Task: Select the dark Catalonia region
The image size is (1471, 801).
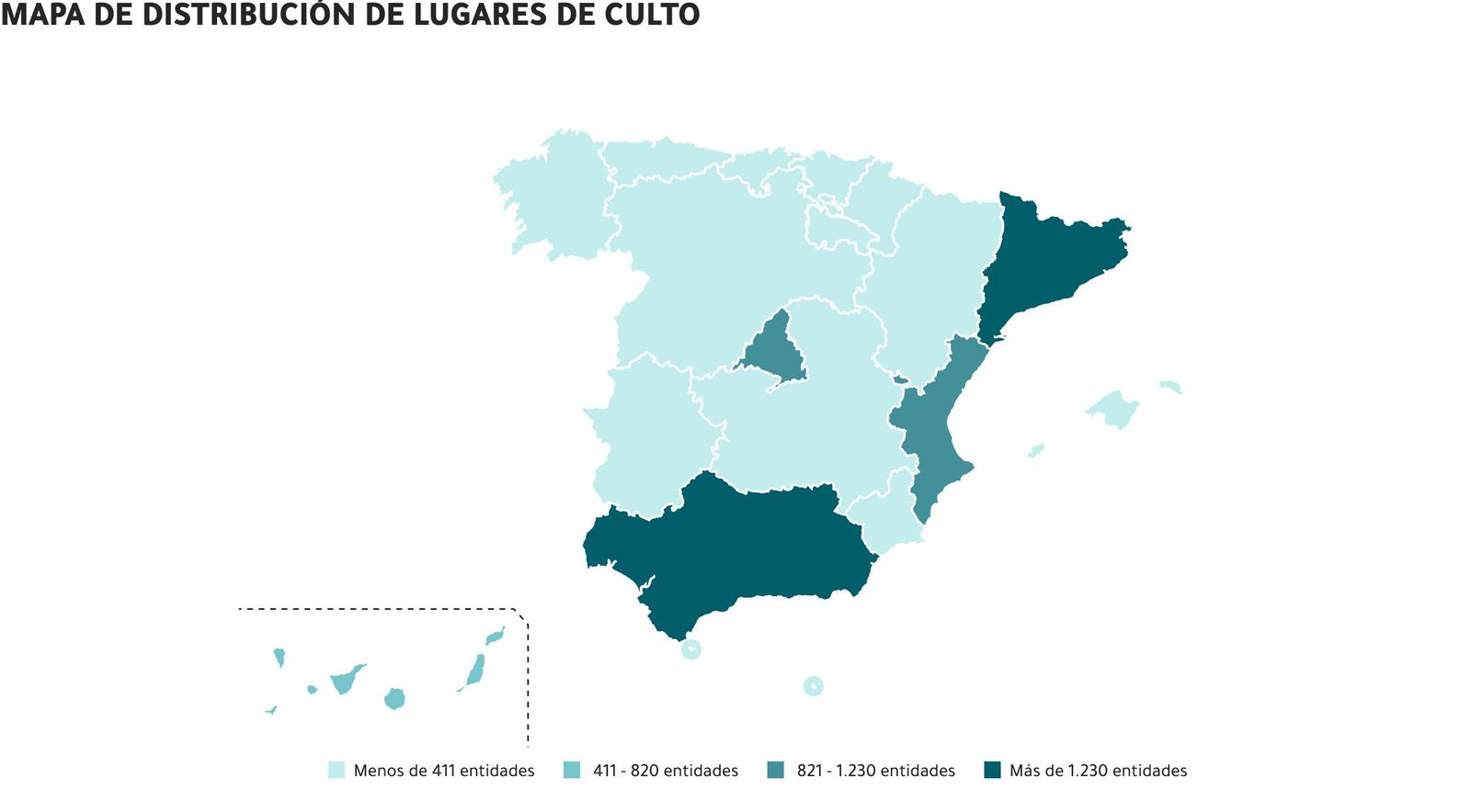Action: [1048, 262]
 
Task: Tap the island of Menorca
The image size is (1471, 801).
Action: [1169, 387]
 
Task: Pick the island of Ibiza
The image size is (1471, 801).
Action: [1036, 450]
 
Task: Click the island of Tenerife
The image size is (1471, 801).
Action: [346, 681]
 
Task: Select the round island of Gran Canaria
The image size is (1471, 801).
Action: [394, 699]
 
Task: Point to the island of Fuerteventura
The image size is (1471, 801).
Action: [475, 671]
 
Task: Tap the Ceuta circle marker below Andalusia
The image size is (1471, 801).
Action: [691, 649]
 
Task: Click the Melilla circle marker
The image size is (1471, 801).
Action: [813, 685]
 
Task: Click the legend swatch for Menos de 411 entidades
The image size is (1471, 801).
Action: [336, 770]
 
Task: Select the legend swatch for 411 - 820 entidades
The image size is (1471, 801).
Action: [572, 770]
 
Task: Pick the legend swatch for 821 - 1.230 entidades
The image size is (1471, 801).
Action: [776, 770]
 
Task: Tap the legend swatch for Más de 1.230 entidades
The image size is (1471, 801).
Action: [992, 770]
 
